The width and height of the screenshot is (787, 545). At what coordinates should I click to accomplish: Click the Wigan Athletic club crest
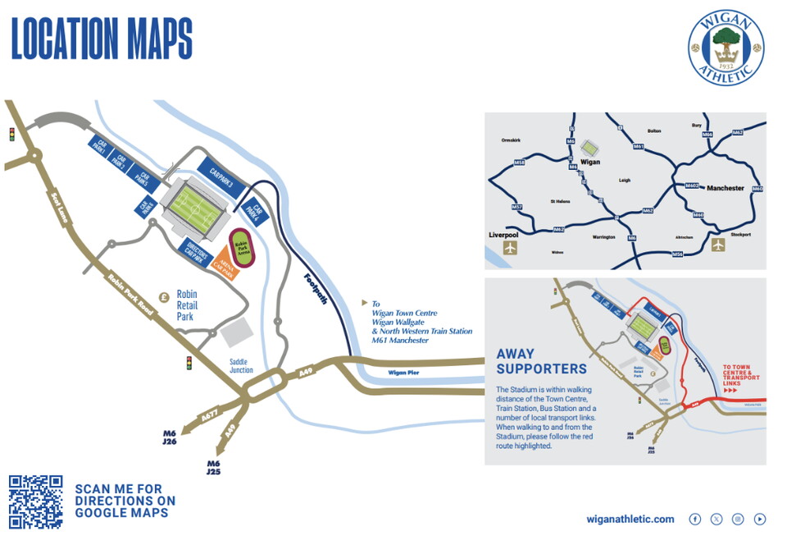pos(725,47)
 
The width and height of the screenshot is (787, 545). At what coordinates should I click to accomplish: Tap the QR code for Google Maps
pos(35,501)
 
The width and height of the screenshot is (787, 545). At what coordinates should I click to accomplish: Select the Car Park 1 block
pos(101,147)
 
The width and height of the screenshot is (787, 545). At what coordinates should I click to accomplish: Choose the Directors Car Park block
pos(196,249)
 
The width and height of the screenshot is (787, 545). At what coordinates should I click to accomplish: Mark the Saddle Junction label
pos(241,365)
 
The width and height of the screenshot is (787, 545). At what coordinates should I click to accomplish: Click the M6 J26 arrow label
pos(170,437)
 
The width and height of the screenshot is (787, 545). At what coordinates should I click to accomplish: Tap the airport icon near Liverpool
pos(512,247)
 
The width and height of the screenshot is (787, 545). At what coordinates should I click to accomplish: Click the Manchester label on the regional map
pos(725,188)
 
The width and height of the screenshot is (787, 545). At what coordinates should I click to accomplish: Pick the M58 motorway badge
pos(519,163)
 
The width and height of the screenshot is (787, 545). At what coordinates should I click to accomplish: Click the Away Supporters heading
pos(541,362)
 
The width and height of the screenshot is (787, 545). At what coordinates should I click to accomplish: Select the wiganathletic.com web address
pos(630,519)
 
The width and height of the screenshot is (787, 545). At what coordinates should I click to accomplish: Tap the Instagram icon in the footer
pos(738,519)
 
